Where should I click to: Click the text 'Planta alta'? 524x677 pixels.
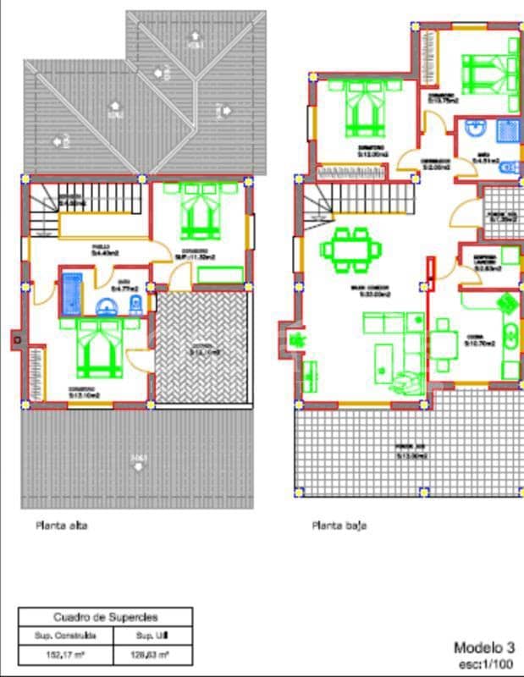coord(61,526)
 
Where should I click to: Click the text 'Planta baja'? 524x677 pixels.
coord(339,526)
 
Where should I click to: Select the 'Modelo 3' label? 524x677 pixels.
coord(483,647)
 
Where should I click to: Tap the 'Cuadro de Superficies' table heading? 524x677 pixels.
coord(106,618)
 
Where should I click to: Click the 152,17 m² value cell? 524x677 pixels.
coord(64,654)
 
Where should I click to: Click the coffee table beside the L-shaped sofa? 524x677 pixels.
coord(383,355)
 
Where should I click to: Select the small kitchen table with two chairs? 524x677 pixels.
coord(444,341)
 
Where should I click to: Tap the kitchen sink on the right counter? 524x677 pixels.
coord(510,337)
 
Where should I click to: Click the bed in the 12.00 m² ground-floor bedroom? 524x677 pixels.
coord(365,110)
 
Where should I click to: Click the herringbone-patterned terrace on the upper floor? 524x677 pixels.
coord(203,347)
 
